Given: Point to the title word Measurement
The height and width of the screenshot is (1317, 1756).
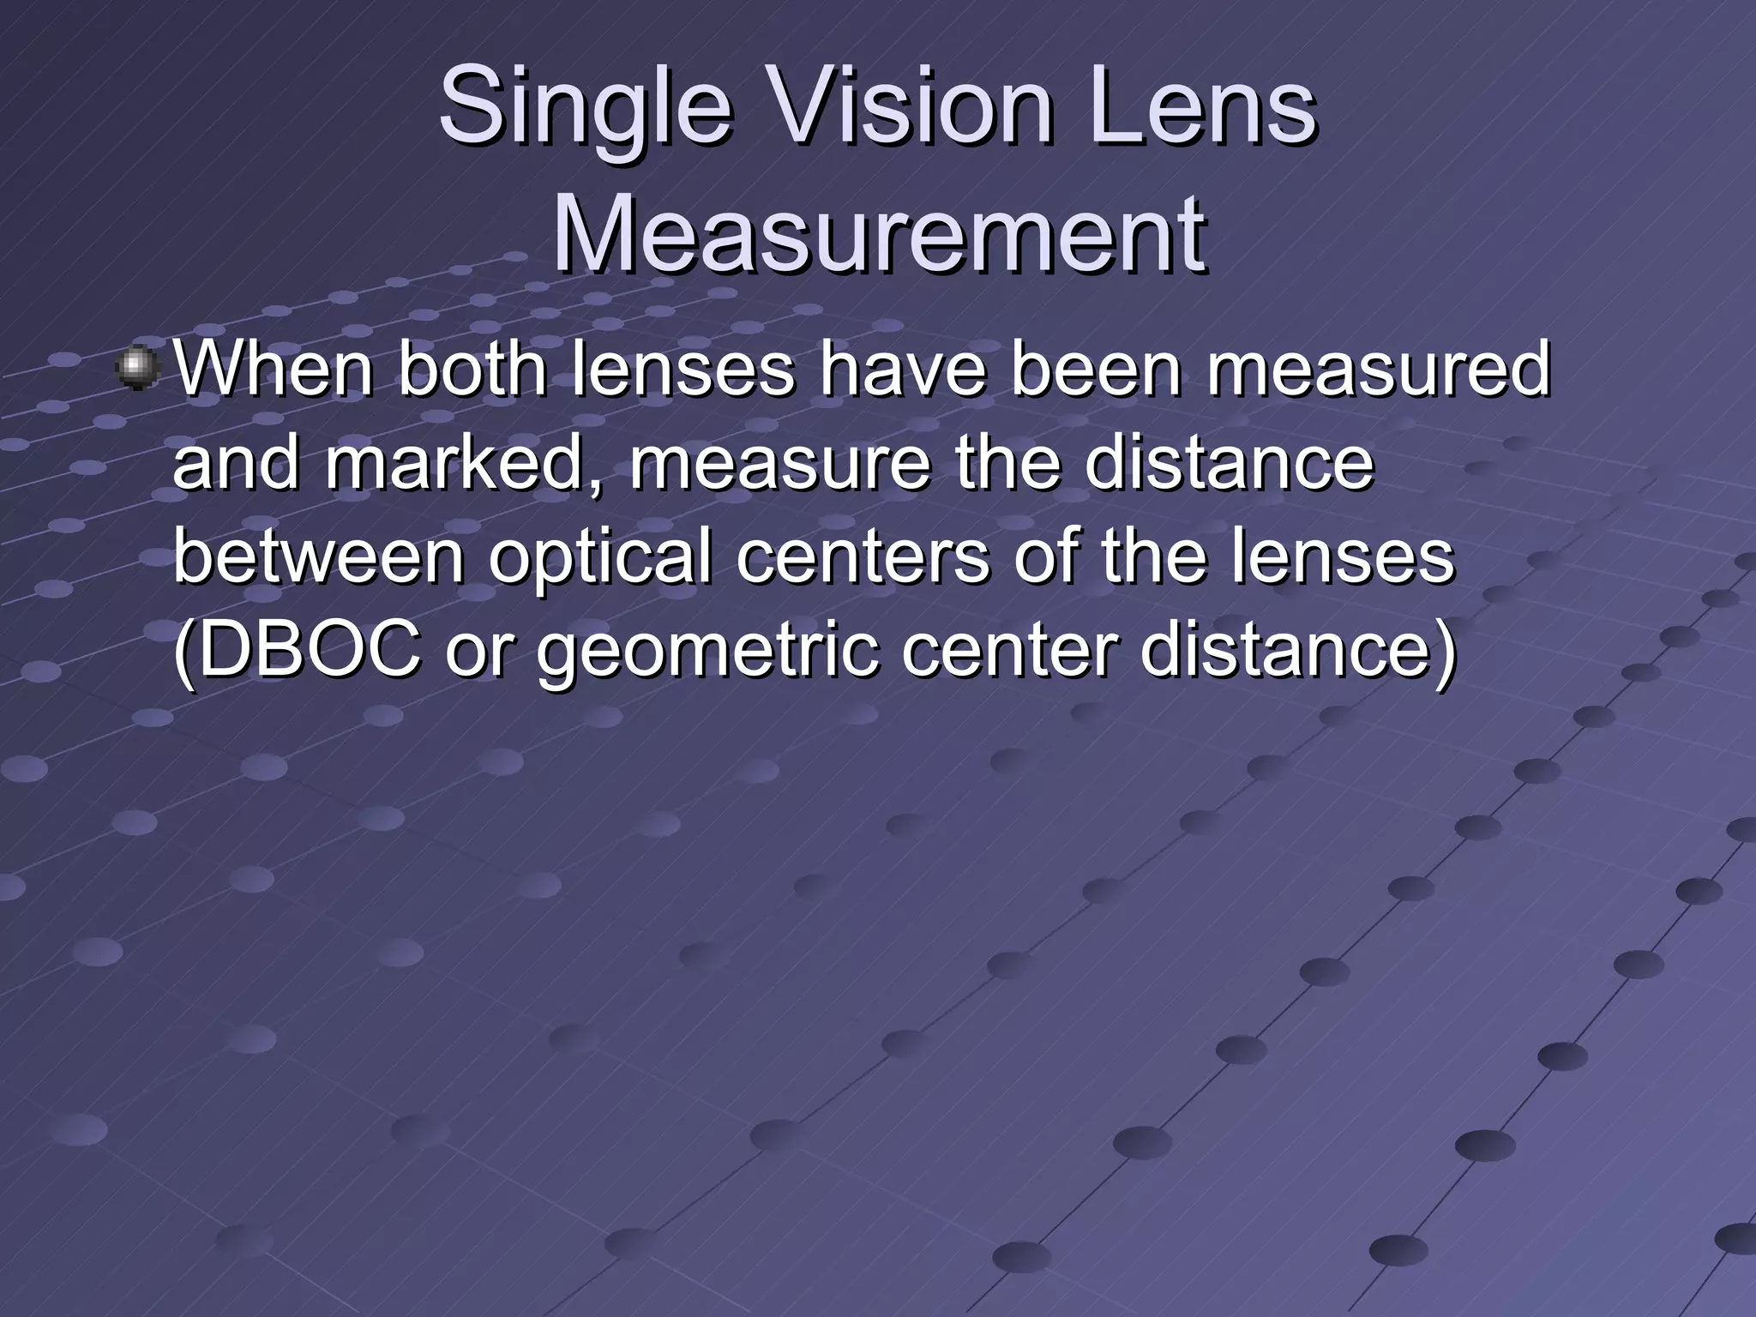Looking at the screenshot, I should pos(879,233).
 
